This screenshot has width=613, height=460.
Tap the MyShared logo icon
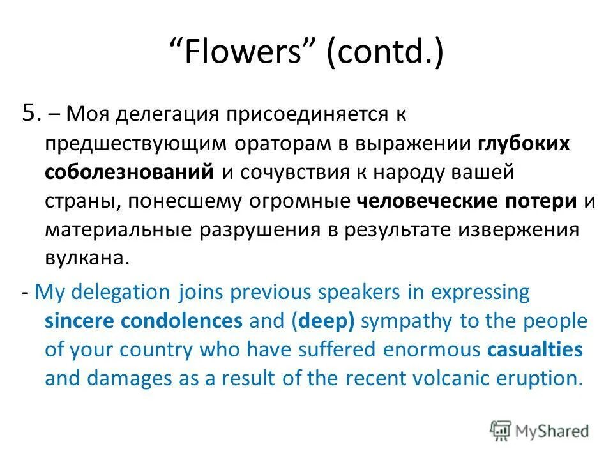click(x=501, y=431)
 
